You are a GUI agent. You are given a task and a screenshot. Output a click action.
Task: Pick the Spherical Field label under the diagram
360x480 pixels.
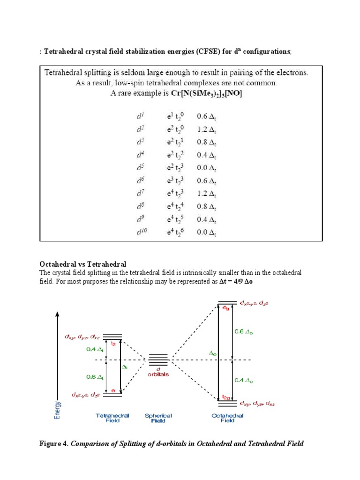point(158,418)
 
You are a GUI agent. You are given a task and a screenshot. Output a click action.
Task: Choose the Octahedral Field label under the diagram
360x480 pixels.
point(227,418)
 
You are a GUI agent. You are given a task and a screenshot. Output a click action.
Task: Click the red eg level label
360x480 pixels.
point(226,308)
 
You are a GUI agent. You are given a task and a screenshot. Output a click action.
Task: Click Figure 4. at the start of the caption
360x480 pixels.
point(54,443)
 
